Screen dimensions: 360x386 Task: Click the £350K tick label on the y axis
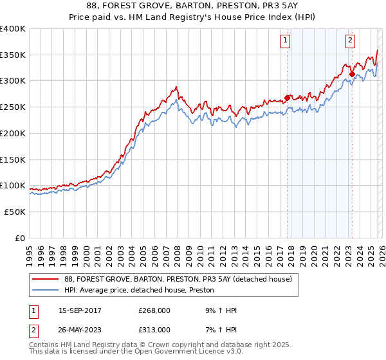click(x=13, y=55)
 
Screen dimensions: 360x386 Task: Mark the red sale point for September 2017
click(x=286, y=98)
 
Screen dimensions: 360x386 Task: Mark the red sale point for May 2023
click(x=351, y=74)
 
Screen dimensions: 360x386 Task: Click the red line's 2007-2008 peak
click(x=175, y=87)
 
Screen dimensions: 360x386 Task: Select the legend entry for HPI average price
click(x=139, y=291)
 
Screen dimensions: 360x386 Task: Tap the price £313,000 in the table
click(x=152, y=329)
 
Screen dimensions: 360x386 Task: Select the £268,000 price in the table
click(x=152, y=310)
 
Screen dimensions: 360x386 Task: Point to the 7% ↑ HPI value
click(x=219, y=329)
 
